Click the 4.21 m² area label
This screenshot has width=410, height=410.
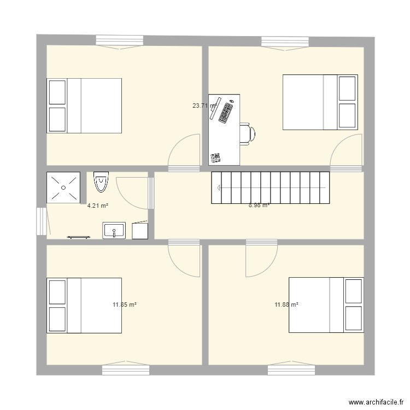tap(97, 206)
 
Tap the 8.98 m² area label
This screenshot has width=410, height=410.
tap(259, 206)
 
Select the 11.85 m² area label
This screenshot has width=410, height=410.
tap(124, 304)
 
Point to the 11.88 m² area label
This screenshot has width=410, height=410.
tap(286, 304)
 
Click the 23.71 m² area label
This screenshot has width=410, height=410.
tap(204, 106)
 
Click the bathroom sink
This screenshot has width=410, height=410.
tap(114, 230)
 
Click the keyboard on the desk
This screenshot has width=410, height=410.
tap(226, 112)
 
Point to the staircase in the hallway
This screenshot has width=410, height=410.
tap(271, 188)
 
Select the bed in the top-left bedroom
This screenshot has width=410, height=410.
tap(84, 106)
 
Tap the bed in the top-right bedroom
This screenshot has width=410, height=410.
tap(320, 102)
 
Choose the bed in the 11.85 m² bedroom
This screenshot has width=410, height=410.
tap(84, 305)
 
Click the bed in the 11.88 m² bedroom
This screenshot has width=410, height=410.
tap(326, 304)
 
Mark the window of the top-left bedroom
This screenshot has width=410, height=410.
tap(120, 40)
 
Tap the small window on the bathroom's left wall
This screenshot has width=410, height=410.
tap(41, 221)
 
